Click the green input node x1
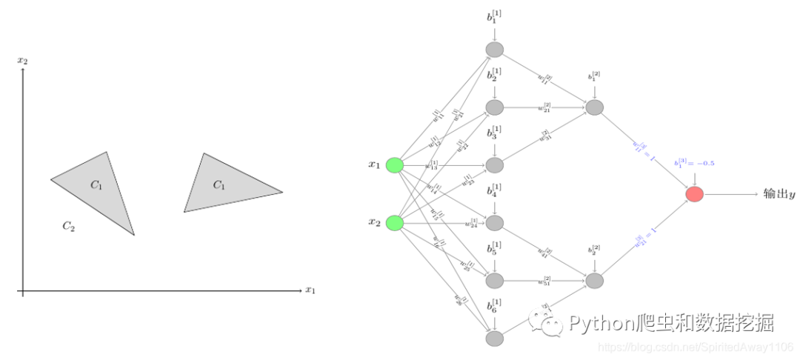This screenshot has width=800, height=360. (395, 165)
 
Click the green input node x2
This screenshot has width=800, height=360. (395, 222)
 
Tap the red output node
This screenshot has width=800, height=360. (694, 194)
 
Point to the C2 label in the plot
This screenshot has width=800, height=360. (68, 226)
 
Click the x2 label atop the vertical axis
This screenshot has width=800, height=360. (23, 60)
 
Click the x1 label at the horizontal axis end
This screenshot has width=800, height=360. (310, 290)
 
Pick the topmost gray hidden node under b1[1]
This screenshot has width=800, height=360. (495, 50)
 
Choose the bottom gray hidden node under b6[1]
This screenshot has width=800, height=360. (495, 339)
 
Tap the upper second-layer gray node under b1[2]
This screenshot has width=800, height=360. (595, 107)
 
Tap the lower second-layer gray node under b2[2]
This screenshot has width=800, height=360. (595, 280)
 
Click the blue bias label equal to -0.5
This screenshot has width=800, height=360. (694, 163)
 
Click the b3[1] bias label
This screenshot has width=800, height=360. (494, 133)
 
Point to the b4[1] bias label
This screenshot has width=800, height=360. (494, 190)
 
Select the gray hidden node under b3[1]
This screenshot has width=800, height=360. (495, 165)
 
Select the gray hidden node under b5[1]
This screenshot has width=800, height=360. (495, 280)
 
